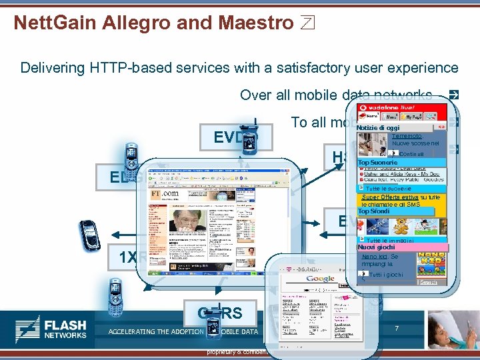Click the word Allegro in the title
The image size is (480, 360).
point(133,23)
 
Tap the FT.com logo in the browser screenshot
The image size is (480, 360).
point(165,193)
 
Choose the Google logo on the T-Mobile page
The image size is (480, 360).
point(321,279)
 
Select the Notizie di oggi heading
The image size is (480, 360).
point(379,127)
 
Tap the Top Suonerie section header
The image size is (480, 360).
point(378,162)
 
